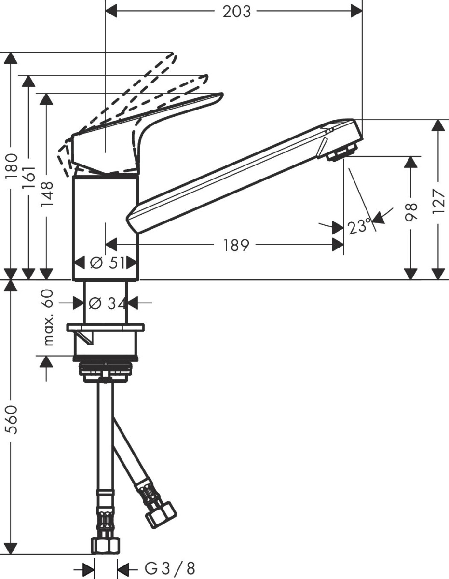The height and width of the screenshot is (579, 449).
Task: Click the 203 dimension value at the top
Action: (236, 12)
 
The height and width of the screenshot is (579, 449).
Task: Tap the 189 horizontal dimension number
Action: (236, 245)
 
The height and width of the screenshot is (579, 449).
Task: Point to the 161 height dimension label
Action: (29, 178)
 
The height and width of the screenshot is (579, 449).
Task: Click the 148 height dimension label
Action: (47, 194)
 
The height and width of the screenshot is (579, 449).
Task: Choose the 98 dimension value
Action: (410, 212)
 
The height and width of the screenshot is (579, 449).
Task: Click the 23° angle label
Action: (359, 226)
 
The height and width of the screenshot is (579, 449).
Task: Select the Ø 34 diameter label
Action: (107, 303)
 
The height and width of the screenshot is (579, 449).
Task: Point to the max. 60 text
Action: (47, 317)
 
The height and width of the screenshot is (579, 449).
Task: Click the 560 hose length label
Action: (12, 419)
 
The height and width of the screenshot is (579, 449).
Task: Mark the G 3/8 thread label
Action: (170, 568)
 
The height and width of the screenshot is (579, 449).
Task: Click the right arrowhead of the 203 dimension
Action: (356, 11)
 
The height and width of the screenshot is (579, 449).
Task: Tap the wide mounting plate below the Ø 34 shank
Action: (106, 328)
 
